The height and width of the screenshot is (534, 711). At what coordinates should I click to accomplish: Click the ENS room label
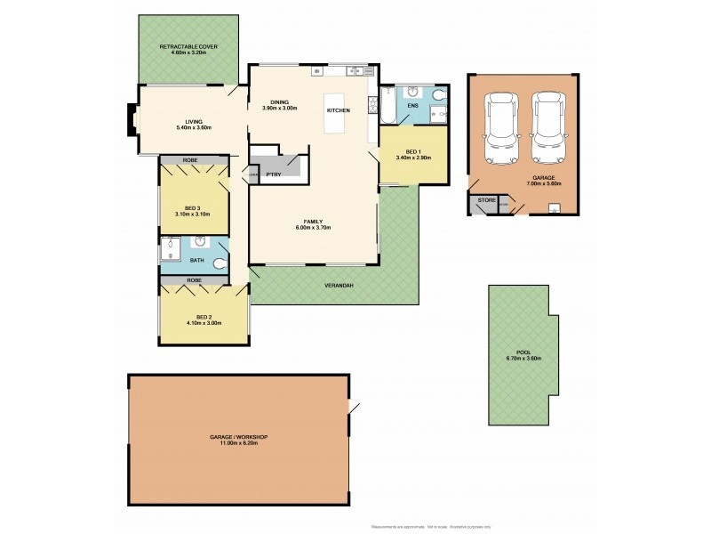coord(411,107)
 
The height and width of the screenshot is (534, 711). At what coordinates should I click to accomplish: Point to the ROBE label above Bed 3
coord(190,160)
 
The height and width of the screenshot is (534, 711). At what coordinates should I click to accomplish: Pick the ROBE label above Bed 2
coord(195,280)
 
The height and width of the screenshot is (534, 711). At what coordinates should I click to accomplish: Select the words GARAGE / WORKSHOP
coord(239,438)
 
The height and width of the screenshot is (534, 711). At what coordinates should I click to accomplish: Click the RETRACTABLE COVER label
coord(188,46)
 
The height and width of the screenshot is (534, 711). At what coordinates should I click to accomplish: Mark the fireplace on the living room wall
coord(132,120)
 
